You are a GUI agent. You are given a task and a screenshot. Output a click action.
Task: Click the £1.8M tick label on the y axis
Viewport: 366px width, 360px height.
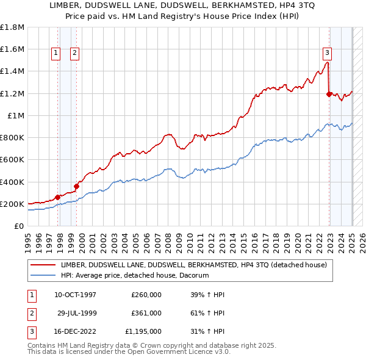coord(12,27)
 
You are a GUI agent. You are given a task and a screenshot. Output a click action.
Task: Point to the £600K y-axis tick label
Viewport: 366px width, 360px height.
coord(12,159)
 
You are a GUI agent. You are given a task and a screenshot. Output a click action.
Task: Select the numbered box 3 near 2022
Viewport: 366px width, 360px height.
coord(328,52)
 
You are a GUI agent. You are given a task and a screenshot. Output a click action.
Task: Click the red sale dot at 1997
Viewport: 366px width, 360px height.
coord(57,197)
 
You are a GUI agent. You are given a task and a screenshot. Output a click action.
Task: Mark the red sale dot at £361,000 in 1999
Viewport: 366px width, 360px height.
coord(77,186)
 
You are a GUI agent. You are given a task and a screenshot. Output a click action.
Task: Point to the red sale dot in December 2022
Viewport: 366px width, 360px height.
coord(329,94)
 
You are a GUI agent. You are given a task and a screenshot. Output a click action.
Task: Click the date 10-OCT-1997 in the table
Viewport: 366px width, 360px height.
coord(75,295)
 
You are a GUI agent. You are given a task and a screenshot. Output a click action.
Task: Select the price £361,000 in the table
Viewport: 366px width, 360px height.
coord(146,313)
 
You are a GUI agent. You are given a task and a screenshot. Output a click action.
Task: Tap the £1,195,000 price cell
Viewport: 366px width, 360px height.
coord(143,331)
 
